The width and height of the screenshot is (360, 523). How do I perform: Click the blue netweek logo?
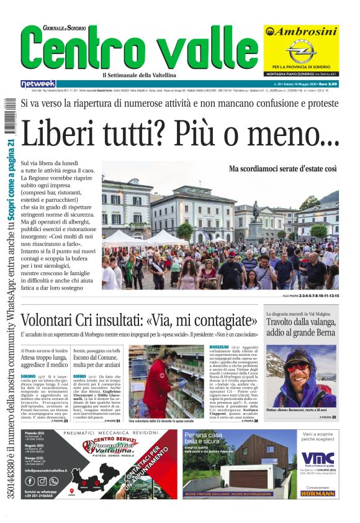coord(38,84)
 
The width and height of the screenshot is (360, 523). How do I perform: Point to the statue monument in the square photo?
coord(255,217)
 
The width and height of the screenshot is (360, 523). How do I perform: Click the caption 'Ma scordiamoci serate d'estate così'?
coord(282,168)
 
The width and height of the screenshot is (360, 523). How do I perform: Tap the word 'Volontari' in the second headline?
coord(58,322)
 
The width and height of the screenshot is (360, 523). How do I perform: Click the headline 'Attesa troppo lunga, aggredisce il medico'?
coord(45,363)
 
